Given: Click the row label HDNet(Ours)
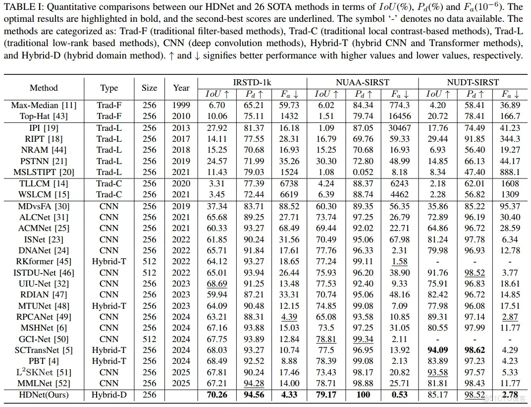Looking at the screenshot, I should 44,395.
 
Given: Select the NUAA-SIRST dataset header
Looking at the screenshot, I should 362,82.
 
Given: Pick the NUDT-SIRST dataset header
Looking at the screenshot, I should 473,82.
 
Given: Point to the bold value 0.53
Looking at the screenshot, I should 399,395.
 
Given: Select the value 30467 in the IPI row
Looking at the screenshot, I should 399,127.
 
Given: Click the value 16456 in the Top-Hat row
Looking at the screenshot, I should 399,116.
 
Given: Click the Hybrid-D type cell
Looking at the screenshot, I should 109,395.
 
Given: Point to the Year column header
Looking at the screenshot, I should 181,88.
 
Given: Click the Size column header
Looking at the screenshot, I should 149,88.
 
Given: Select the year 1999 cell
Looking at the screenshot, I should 181,105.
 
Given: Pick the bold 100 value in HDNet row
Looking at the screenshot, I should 363,395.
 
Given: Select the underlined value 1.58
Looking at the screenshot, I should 399,261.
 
